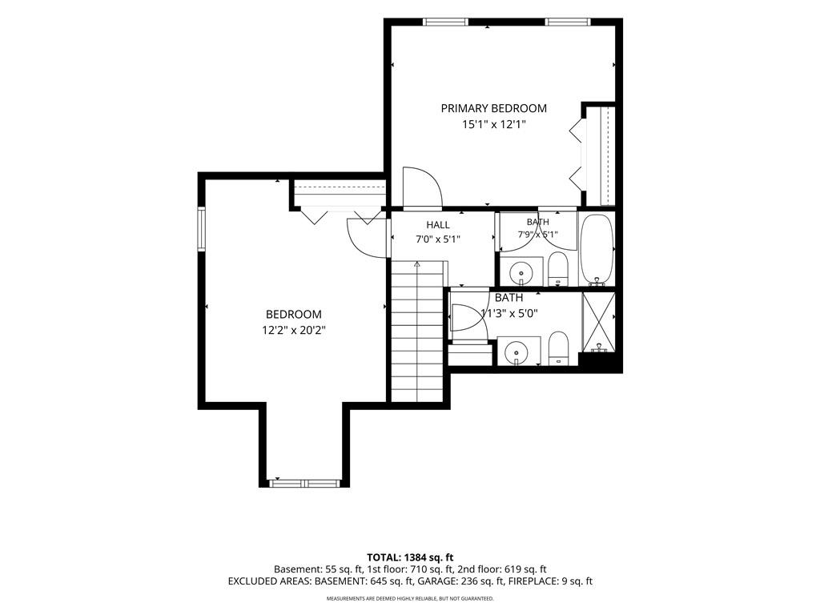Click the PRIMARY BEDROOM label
click(493, 108)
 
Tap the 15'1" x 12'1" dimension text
click(493, 124)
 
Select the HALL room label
click(438, 225)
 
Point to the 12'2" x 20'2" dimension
click(294, 331)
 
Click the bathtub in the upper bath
click(596, 250)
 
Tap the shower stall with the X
click(599, 322)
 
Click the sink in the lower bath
click(518, 351)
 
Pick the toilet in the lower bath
click(558, 348)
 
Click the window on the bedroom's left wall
click(201, 229)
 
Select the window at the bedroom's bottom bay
click(305, 483)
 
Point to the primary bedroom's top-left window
click(445, 22)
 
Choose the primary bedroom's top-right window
click(568, 22)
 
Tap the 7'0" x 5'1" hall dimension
click(438, 239)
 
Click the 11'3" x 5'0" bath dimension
click(509, 313)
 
